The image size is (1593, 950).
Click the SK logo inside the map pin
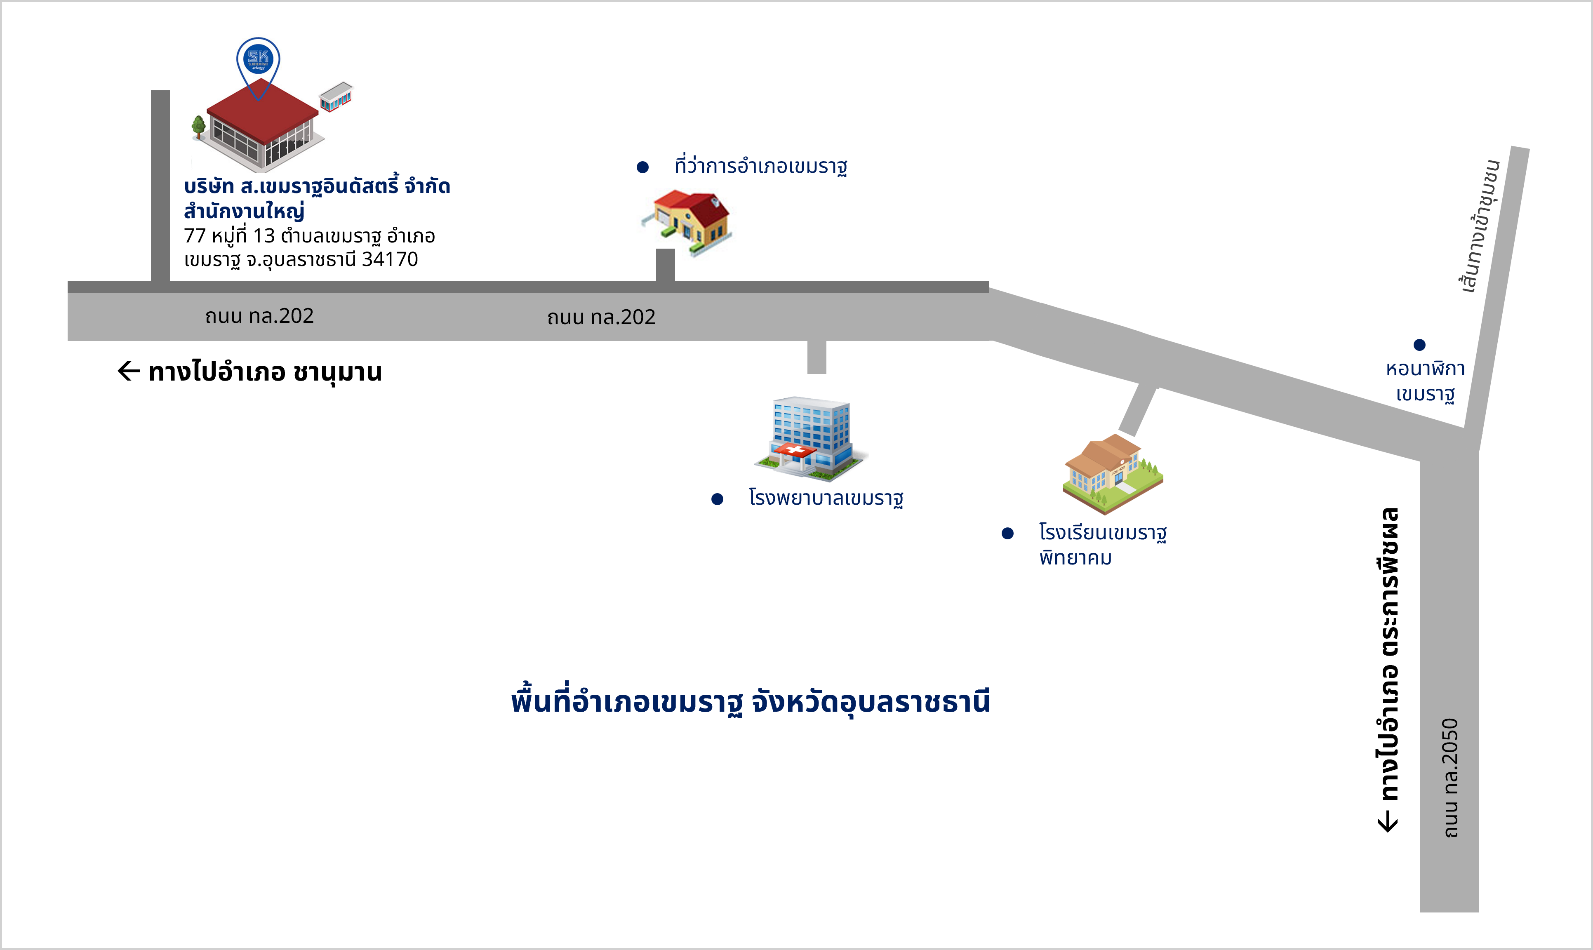(259, 59)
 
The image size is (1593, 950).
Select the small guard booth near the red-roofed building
(336, 96)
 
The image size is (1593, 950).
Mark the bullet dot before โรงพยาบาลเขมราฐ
(717, 499)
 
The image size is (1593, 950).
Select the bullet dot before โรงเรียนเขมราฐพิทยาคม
(1007, 533)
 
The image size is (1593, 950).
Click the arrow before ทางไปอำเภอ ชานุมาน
(129, 371)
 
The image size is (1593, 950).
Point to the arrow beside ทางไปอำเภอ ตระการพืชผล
(1388, 821)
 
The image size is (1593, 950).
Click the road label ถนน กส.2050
(1451, 777)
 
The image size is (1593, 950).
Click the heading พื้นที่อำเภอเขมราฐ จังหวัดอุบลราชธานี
(751, 702)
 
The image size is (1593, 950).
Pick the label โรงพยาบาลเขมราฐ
(826, 498)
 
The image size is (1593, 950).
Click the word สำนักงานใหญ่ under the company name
(244, 211)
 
